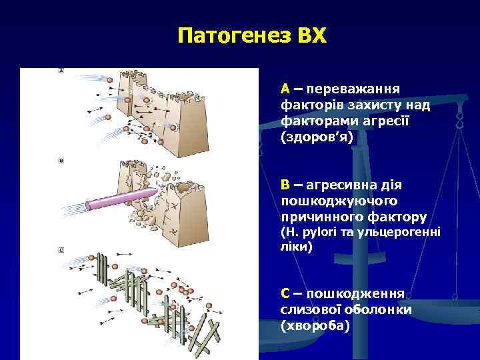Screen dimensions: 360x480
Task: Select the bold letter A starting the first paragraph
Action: click(285, 88)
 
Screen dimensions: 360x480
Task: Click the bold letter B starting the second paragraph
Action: click(285, 184)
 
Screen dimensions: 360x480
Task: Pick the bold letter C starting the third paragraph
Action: click(285, 294)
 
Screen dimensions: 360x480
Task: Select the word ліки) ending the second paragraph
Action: click(296, 246)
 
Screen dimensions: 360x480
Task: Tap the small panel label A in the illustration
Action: click(62, 71)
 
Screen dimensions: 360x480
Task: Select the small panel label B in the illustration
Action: click(62, 161)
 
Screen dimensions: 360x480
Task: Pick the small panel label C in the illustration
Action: click(62, 250)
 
